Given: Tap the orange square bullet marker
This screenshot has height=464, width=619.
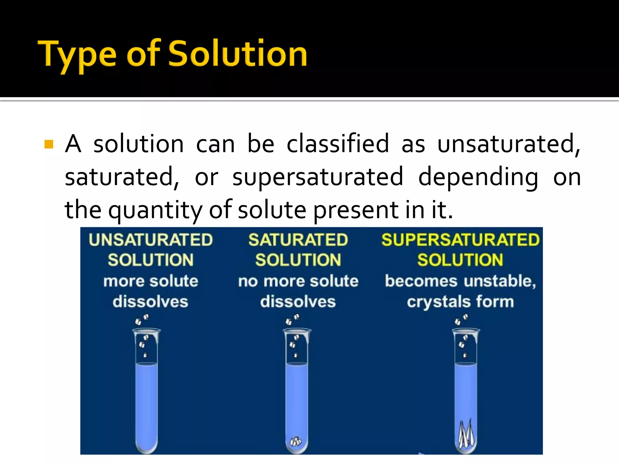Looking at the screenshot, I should point(49,144).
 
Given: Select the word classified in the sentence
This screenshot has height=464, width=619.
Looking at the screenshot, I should point(338,144).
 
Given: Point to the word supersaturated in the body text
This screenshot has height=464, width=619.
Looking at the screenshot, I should point(318,177).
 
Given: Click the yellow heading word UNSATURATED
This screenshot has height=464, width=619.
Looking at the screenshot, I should point(151,240).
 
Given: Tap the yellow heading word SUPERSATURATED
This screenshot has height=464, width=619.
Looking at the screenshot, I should point(460,240).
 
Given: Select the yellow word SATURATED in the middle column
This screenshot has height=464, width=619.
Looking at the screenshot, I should point(298,240).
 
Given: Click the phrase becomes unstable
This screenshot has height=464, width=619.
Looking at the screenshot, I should point(460,281).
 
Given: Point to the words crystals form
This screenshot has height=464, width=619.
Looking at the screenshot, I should point(460,302).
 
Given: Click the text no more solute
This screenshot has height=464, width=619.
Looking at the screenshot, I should point(298,281).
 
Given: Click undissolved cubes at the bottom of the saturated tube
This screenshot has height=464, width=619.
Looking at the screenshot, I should point(296,442).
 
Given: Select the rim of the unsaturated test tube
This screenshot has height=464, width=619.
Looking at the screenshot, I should point(147,330).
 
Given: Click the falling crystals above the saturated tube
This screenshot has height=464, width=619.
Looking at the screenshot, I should point(292,319).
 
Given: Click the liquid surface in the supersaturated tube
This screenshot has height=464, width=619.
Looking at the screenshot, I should point(466,365).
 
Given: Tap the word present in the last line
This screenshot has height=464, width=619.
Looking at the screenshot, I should point(355,210).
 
